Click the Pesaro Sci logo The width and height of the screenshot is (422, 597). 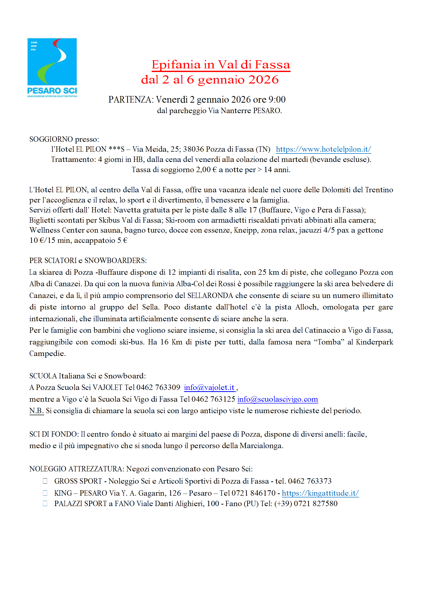click(x=52, y=67)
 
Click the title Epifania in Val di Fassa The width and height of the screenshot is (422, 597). click(x=221, y=65)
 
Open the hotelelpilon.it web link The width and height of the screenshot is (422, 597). click(x=323, y=149)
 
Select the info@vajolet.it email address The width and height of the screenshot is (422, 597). click(x=209, y=388)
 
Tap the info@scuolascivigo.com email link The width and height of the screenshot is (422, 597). click(x=278, y=399)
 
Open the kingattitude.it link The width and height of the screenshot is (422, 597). click(x=320, y=493)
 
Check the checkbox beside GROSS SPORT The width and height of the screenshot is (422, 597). click(x=45, y=481)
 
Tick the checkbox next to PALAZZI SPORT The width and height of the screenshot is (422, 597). click(x=45, y=504)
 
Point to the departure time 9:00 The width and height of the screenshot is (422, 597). click(x=277, y=100)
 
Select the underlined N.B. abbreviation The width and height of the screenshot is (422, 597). click(x=37, y=411)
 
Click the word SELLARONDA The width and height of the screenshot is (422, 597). click(x=210, y=296)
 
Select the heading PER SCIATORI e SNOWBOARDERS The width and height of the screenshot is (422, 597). click(x=88, y=260)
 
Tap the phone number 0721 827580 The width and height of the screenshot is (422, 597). click(x=315, y=504)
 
